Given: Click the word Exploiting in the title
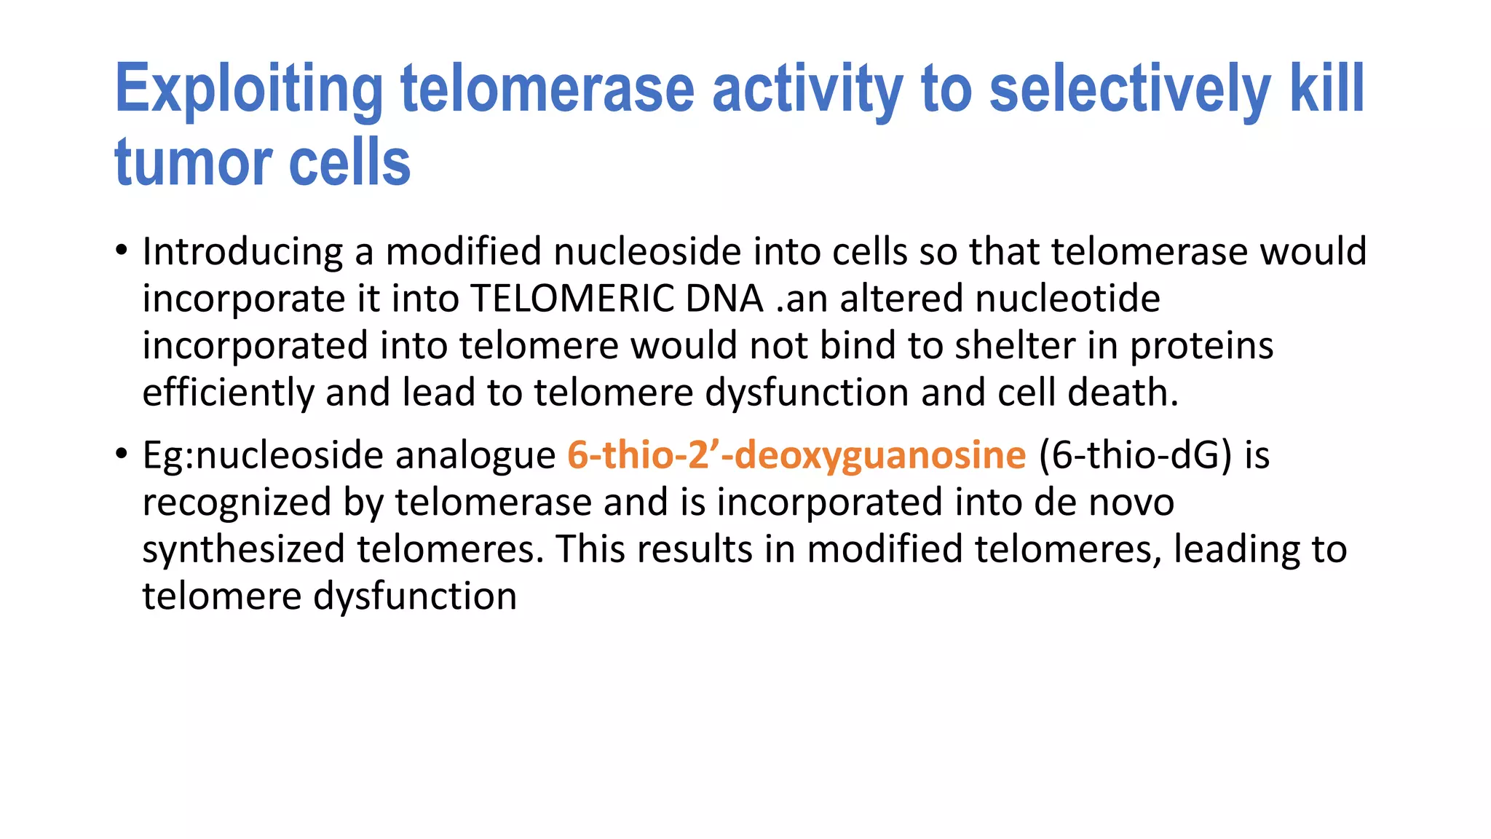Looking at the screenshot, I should (248, 90).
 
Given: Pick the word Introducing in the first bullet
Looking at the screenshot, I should (242, 252).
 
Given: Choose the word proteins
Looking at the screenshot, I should (1201, 347).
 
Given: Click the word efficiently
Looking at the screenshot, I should (228, 393).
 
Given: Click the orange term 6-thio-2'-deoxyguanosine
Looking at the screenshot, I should (796, 456).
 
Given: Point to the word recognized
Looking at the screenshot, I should (237, 503).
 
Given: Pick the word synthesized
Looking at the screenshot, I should (243, 550).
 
